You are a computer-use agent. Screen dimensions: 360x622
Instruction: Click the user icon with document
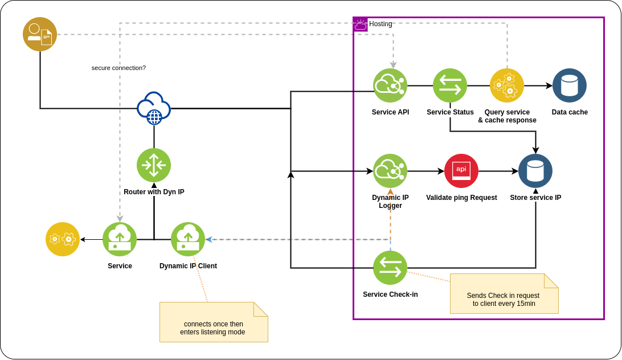click(x=40, y=34)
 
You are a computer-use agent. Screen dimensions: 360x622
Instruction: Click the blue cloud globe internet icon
click(x=154, y=108)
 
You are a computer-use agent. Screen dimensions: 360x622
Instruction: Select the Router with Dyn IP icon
click(x=154, y=165)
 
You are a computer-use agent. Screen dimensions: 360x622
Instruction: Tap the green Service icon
click(x=120, y=239)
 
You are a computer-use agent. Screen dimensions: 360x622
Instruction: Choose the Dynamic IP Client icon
click(x=188, y=239)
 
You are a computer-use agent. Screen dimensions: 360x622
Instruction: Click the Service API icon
click(x=390, y=85)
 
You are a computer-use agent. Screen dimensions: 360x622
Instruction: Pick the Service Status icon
click(x=450, y=85)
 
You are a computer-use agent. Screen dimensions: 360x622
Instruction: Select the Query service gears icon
click(x=507, y=85)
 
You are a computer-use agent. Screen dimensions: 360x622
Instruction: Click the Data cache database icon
click(x=570, y=85)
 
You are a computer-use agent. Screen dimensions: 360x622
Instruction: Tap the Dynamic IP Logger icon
click(x=390, y=171)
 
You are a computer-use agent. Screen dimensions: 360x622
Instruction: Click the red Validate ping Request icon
click(x=461, y=171)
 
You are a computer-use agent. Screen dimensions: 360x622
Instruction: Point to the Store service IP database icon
click(x=535, y=171)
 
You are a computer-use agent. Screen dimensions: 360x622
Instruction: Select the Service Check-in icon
click(x=390, y=268)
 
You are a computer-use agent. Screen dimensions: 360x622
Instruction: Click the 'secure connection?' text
click(x=118, y=68)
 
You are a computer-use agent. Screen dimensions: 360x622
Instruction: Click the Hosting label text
click(x=380, y=24)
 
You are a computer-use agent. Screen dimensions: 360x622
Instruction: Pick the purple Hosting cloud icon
click(x=361, y=24)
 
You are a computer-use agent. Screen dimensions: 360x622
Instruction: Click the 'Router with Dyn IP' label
click(x=154, y=192)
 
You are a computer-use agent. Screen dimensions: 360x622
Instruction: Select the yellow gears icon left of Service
click(x=63, y=239)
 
